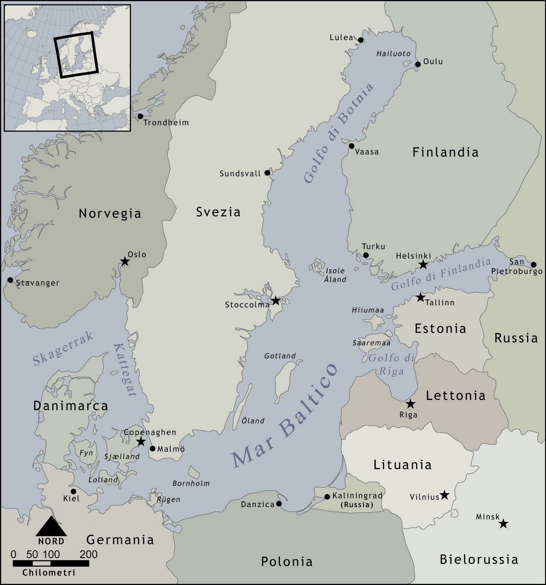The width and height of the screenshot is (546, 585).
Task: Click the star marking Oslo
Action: click(x=125, y=261)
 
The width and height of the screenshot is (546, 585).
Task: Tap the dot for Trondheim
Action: click(x=140, y=116)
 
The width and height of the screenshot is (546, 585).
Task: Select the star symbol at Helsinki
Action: click(x=423, y=264)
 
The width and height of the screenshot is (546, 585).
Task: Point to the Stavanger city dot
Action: click(x=10, y=280)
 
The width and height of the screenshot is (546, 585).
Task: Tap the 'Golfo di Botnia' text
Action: click(x=338, y=133)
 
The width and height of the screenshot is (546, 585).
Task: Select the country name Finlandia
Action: click(x=445, y=152)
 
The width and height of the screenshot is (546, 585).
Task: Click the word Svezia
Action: click(x=218, y=212)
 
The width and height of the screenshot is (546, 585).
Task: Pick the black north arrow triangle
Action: click(x=51, y=526)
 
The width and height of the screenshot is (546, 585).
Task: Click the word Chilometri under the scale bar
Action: click(x=49, y=573)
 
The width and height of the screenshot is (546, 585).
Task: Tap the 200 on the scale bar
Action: click(x=89, y=554)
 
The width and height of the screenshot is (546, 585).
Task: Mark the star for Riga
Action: click(x=411, y=404)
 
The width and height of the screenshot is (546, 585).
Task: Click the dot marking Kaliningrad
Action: click(x=327, y=497)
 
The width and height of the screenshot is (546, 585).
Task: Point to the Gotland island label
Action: click(x=280, y=356)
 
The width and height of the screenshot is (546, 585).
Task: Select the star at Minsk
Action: click(x=504, y=524)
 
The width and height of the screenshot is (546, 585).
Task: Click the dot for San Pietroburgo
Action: click(x=534, y=265)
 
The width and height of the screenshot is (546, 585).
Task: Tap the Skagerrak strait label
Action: click(x=63, y=348)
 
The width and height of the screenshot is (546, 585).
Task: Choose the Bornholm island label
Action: click(x=191, y=483)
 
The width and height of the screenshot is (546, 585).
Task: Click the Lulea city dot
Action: click(x=361, y=40)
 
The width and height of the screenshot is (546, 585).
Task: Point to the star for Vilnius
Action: click(x=444, y=495)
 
